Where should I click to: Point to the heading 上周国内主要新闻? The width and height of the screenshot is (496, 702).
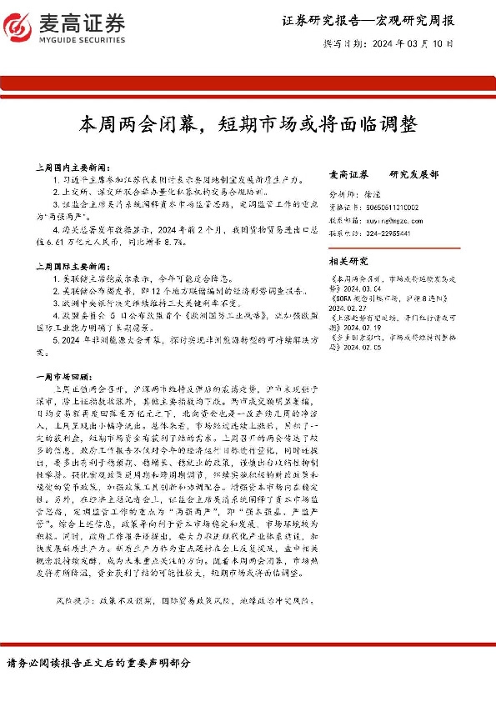[83, 167]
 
